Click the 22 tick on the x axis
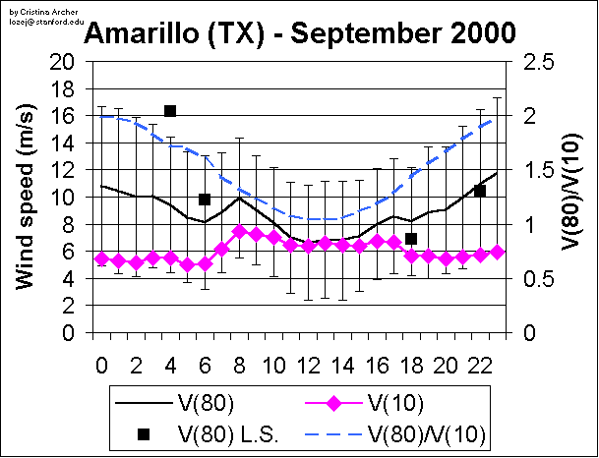click(480, 365)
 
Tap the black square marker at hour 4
click(170, 111)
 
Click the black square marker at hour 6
click(205, 200)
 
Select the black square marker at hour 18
click(411, 239)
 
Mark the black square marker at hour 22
click(480, 191)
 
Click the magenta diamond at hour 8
click(239, 232)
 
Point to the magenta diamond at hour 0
click(101, 259)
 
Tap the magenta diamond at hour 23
click(498, 253)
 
